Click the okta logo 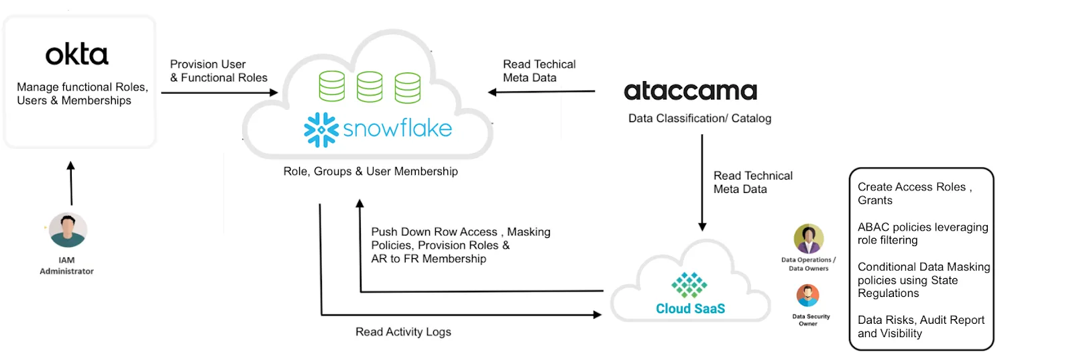[x=76, y=55]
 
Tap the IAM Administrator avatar [x=68, y=230]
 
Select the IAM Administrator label [x=66, y=265]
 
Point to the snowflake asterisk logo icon [x=321, y=129]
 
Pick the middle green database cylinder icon [x=370, y=87]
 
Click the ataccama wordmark [x=690, y=91]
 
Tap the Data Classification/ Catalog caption [x=699, y=119]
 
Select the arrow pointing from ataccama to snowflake [x=541, y=92]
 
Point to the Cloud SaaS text [x=690, y=308]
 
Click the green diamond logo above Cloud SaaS [x=689, y=285]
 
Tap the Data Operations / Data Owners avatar [x=808, y=239]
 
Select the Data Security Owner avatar [x=807, y=296]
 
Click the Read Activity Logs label [x=403, y=332]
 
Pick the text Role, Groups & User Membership [x=370, y=172]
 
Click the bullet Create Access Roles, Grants [x=914, y=194]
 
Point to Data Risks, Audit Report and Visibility [x=921, y=326]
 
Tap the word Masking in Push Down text [x=528, y=232]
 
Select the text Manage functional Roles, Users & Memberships [x=82, y=94]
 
